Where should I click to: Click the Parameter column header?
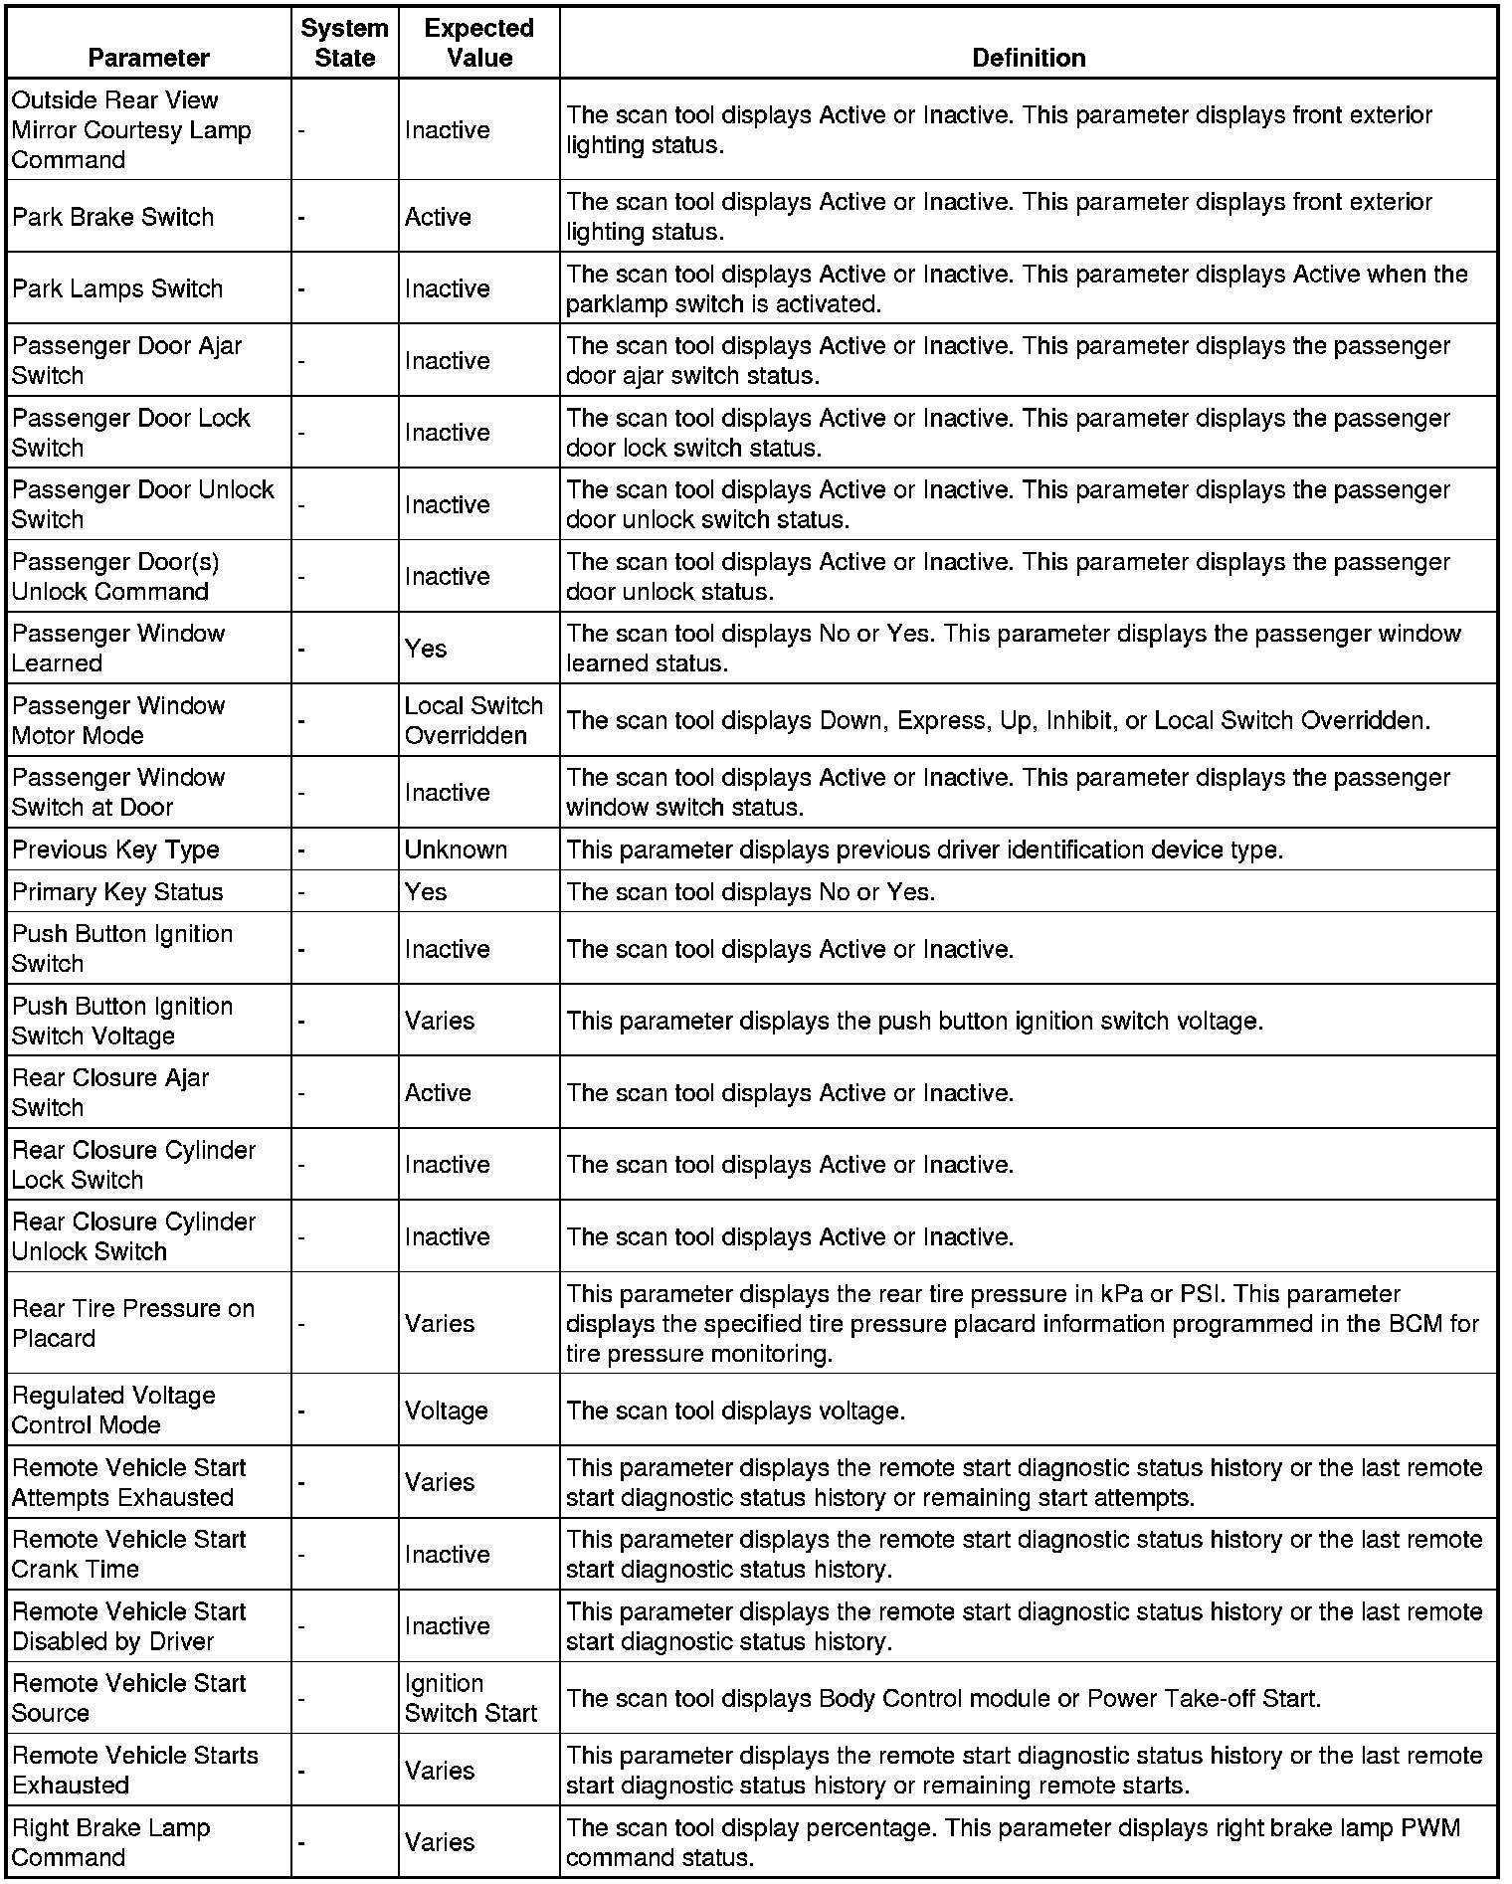[148, 58]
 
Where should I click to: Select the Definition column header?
[1028, 58]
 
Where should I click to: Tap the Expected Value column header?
[478, 43]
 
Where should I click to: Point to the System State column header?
[344, 43]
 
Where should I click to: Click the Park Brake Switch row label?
[112, 217]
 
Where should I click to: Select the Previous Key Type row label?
[115, 849]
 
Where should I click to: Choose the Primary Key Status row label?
[117, 891]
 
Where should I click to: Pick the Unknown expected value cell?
[456, 849]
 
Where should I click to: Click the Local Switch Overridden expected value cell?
[473, 720]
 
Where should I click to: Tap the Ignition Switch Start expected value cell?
[471, 1698]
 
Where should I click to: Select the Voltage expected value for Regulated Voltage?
[446, 1411]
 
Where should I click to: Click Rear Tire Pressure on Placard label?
[133, 1323]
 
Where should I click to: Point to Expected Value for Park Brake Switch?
[438, 217]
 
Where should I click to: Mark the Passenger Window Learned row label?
[118, 649]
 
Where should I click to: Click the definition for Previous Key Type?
[924, 849]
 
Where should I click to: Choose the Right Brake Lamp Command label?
[111, 1842]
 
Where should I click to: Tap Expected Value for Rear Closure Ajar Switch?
[438, 1092]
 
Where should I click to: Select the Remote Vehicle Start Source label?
[129, 1698]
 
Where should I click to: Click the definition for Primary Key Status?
[751, 891]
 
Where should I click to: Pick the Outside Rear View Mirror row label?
[131, 129]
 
